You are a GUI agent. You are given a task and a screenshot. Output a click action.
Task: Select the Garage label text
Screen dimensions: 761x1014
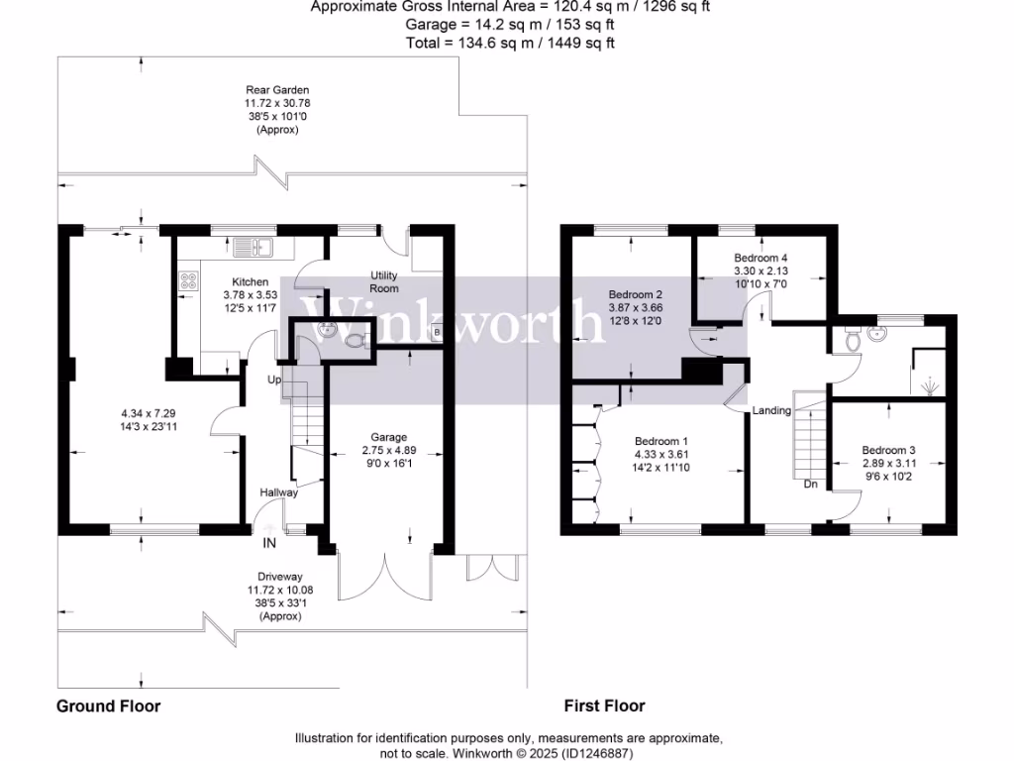[388, 437]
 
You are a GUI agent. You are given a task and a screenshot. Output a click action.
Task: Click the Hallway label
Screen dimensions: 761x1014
[278, 492]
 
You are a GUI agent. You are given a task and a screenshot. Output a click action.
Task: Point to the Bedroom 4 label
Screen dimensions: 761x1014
[759, 257]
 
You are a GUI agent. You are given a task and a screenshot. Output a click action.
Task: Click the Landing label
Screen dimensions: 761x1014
[771, 410]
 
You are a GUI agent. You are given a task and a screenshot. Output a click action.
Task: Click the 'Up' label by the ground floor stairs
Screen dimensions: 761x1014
[273, 380]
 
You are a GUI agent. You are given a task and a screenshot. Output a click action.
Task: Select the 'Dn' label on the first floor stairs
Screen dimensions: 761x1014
[810, 485]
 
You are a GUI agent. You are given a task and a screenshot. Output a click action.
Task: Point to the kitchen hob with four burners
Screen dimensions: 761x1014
[187, 280]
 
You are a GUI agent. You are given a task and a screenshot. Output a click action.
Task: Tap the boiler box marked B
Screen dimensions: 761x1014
[437, 333]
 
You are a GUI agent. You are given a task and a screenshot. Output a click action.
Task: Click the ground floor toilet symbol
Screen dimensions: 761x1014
[359, 341]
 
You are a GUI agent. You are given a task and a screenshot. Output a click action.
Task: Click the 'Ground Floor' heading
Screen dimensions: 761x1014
[108, 707]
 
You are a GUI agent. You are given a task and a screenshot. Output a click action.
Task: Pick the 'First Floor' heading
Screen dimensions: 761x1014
[604, 707]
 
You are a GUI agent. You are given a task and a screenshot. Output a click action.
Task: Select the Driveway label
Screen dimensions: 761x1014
[278, 576]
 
